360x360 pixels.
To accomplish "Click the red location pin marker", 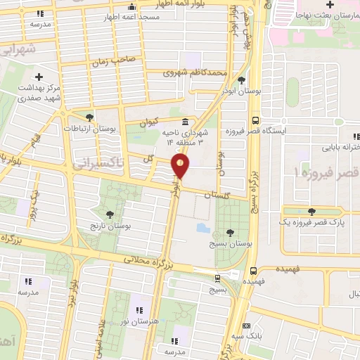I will click(181, 166).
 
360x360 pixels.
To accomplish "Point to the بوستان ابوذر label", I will click(242, 91).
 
